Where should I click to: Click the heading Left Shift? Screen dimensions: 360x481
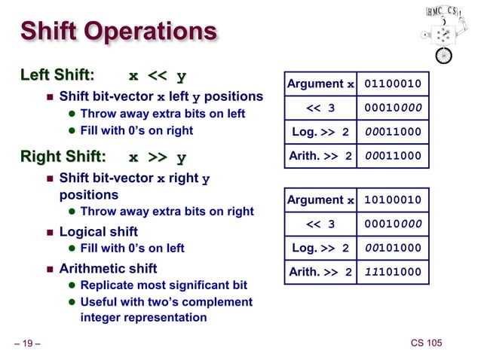pos(57,75)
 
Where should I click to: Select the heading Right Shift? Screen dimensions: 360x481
pos(63,157)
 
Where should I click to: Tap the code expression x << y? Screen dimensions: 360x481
pos(158,75)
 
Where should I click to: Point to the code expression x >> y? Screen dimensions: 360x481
pos(158,157)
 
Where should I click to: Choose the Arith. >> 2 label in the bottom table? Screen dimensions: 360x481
pos(320,272)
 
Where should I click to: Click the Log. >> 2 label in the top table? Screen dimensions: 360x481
pos(320,133)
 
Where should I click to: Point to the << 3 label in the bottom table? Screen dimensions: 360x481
pos(320,224)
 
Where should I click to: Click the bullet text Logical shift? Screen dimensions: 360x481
pos(98,231)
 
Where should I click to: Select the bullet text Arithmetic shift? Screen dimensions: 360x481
pos(108,268)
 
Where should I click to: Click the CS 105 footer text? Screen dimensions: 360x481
pos(426,343)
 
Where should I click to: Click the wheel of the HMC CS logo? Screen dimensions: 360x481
pos(445,55)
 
